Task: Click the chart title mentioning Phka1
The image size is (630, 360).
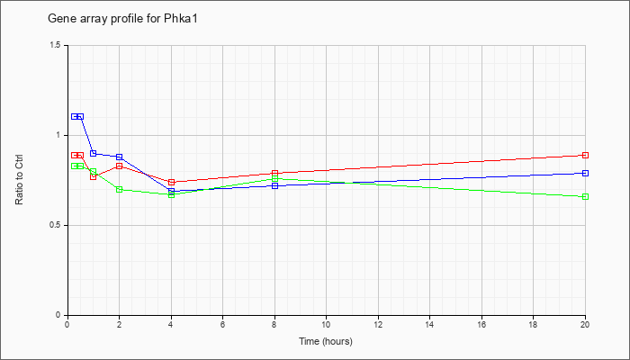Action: [122, 19]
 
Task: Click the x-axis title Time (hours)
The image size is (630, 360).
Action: [326, 341]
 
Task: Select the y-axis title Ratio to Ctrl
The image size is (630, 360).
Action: [19, 179]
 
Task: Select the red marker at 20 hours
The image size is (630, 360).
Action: [585, 155]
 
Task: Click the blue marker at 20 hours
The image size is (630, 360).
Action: [585, 173]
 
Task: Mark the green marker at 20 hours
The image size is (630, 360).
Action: [585, 196]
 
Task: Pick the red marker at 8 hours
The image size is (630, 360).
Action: [274, 173]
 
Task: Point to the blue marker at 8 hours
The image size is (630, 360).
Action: [274, 185]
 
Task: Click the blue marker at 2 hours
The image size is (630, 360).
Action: [120, 157]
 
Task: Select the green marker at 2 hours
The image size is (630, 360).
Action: [120, 189]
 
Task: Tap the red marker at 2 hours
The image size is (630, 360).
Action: [120, 166]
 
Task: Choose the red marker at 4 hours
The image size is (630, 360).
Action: [172, 182]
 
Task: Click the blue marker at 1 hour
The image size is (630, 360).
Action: [94, 153]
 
